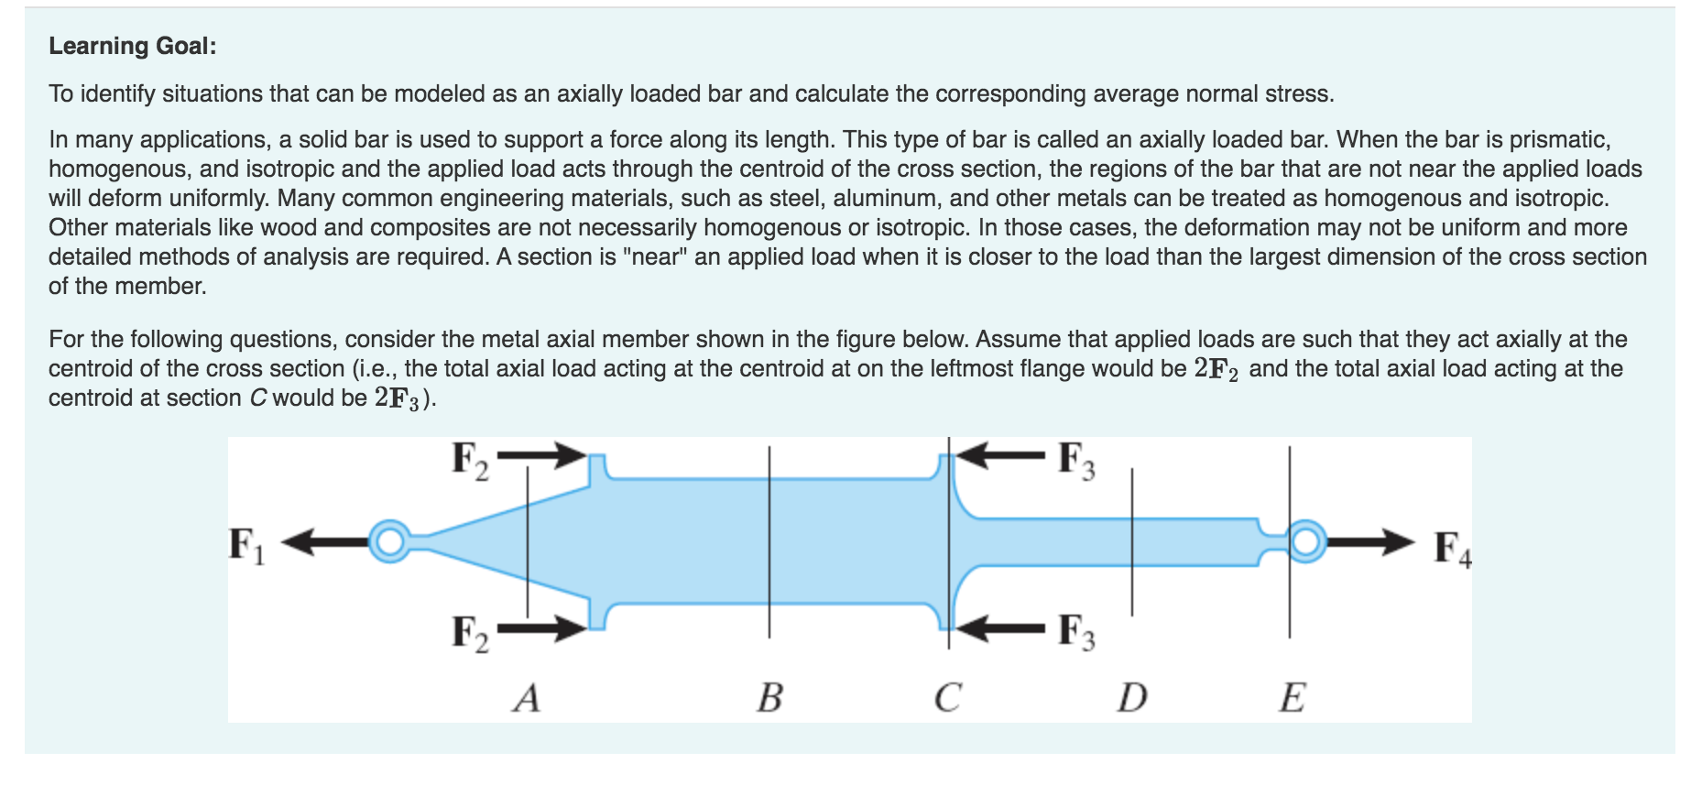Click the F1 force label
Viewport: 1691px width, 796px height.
coord(246,546)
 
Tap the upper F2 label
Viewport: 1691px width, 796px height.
coord(470,460)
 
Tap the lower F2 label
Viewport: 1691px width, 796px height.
coord(470,633)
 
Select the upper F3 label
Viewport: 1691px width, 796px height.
coord(1076,460)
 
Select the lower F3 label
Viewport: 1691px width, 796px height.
coord(1076,631)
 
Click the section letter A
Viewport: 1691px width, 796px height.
coord(527,698)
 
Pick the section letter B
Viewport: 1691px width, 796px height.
coord(769,698)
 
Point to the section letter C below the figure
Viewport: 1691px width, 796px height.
coord(948,698)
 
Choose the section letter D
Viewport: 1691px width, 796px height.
coord(1132,698)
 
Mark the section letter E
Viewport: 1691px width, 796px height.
coord(1293,698)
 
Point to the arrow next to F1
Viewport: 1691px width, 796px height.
coord(325,542)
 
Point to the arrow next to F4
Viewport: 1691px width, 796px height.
coord(1370,542)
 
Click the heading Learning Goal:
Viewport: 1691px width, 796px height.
coord(133,46)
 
